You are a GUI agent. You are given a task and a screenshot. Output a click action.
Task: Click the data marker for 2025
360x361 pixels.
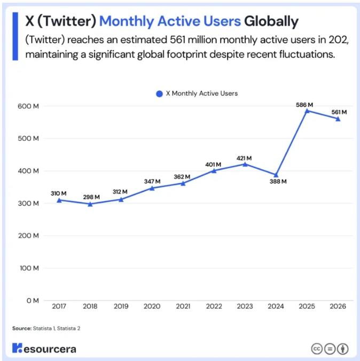coord(307,111)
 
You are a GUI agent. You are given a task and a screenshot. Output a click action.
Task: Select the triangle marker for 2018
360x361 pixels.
coord(90,204)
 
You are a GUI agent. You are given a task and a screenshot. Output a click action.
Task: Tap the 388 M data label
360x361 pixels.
coord(278,182)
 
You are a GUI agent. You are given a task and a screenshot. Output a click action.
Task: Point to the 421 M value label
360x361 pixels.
coord(244,158)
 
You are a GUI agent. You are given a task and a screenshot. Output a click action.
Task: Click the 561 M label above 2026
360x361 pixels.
coord(339,112)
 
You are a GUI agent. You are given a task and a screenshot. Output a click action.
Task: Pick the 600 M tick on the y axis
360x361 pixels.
coord(28,106)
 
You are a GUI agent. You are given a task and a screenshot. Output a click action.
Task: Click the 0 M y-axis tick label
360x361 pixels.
coord(33,301)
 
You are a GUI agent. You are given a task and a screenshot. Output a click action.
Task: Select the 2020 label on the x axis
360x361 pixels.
coord(152,306)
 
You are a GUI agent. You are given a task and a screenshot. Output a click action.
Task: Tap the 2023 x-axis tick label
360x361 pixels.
coord(245,306)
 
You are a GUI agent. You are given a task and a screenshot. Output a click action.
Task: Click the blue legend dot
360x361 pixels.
coord(159,93)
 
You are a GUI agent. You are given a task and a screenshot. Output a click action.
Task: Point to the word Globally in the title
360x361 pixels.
coord(271,21)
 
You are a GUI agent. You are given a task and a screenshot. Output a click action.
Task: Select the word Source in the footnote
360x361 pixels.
coord(22,328)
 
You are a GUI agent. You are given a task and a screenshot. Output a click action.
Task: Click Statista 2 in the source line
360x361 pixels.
coord(69,328)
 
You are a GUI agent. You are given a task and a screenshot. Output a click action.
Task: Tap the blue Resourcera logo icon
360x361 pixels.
coord(17,348)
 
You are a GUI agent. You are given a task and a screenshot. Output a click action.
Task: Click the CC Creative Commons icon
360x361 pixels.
coord(317,349)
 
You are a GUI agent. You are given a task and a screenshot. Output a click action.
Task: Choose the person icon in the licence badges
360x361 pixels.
coord(343,349)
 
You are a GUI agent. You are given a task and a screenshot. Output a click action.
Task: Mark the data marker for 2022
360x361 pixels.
coord(214,170)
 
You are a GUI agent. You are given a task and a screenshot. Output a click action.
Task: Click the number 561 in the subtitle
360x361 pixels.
coord(177,40)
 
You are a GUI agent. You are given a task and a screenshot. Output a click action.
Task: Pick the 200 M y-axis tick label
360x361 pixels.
coord(28,236)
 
